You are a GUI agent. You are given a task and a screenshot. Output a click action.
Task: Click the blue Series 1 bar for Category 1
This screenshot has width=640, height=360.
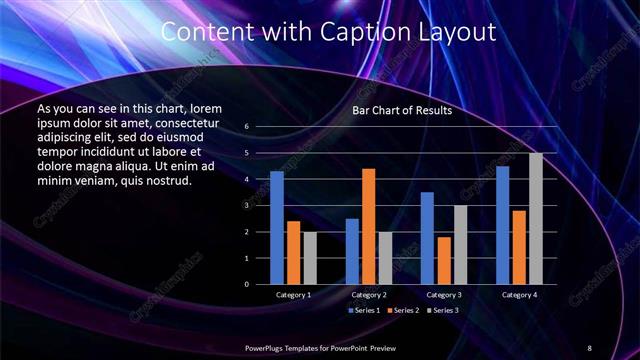pyautogui.click(x=277, y=228)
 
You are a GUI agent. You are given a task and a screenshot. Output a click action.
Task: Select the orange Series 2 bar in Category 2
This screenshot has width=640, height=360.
pyautogui.click(x=369, y=227)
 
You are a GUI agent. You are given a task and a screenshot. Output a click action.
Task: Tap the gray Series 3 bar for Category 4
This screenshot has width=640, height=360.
pyautogui.click(x=536, y=219)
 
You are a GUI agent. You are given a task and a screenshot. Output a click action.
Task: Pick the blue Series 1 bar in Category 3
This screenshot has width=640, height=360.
pyautogui.click(x=427, y=238)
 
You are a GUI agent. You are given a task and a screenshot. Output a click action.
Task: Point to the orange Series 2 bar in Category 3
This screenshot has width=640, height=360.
pyautogui.click(x=444, y=260)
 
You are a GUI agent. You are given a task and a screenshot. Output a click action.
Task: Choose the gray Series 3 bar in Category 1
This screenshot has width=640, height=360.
pyautogui.click(x=310, y=258)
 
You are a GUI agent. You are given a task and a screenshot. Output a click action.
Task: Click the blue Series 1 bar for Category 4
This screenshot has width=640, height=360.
pyautogui.click(x=503, y=225)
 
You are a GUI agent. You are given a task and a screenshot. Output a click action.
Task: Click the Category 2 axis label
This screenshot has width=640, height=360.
pyautogui.click(x=369, y=295)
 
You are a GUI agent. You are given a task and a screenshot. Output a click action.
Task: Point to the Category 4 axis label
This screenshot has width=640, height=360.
pyautogui.click(x=519, y=295)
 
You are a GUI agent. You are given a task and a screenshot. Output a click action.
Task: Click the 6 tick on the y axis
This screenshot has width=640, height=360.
pyautogui.click(x=246, y=127)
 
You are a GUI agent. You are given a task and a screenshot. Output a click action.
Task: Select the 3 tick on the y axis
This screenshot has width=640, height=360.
pyautogui.click(x=246, y=205)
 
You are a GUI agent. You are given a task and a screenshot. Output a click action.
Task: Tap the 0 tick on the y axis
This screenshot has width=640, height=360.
pyautogui.click(x=246, y=284)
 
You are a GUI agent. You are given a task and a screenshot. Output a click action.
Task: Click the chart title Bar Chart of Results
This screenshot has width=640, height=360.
pyautogui.click(x=402, y=110)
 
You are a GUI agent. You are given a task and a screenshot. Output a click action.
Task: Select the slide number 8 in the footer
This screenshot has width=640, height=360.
pyautogui.click(x=589, y=347)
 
